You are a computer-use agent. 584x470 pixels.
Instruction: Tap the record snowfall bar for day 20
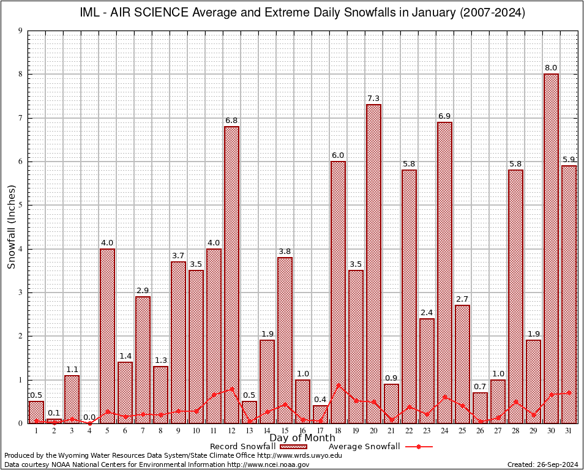click(373, 263)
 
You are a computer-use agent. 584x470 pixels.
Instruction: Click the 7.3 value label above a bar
click(373, 98)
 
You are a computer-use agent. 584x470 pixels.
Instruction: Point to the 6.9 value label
click(444, 116)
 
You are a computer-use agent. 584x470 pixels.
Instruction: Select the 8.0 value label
click(551, 67)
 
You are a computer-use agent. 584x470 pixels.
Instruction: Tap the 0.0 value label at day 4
click(89, 417)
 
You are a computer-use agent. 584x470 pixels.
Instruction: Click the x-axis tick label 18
click(338, 431)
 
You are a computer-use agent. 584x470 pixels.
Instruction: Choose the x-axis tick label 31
click(569, 431)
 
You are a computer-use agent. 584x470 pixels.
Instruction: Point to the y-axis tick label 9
click(21, 31)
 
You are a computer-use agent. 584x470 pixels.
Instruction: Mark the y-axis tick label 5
click(21, 205)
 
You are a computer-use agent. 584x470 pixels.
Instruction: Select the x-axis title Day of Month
click(302, 438)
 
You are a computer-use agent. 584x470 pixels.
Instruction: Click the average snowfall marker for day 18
click(338, 385)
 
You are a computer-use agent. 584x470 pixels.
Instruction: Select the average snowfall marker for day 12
click(231, 389)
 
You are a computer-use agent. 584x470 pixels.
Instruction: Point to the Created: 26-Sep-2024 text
click(542, 464)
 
